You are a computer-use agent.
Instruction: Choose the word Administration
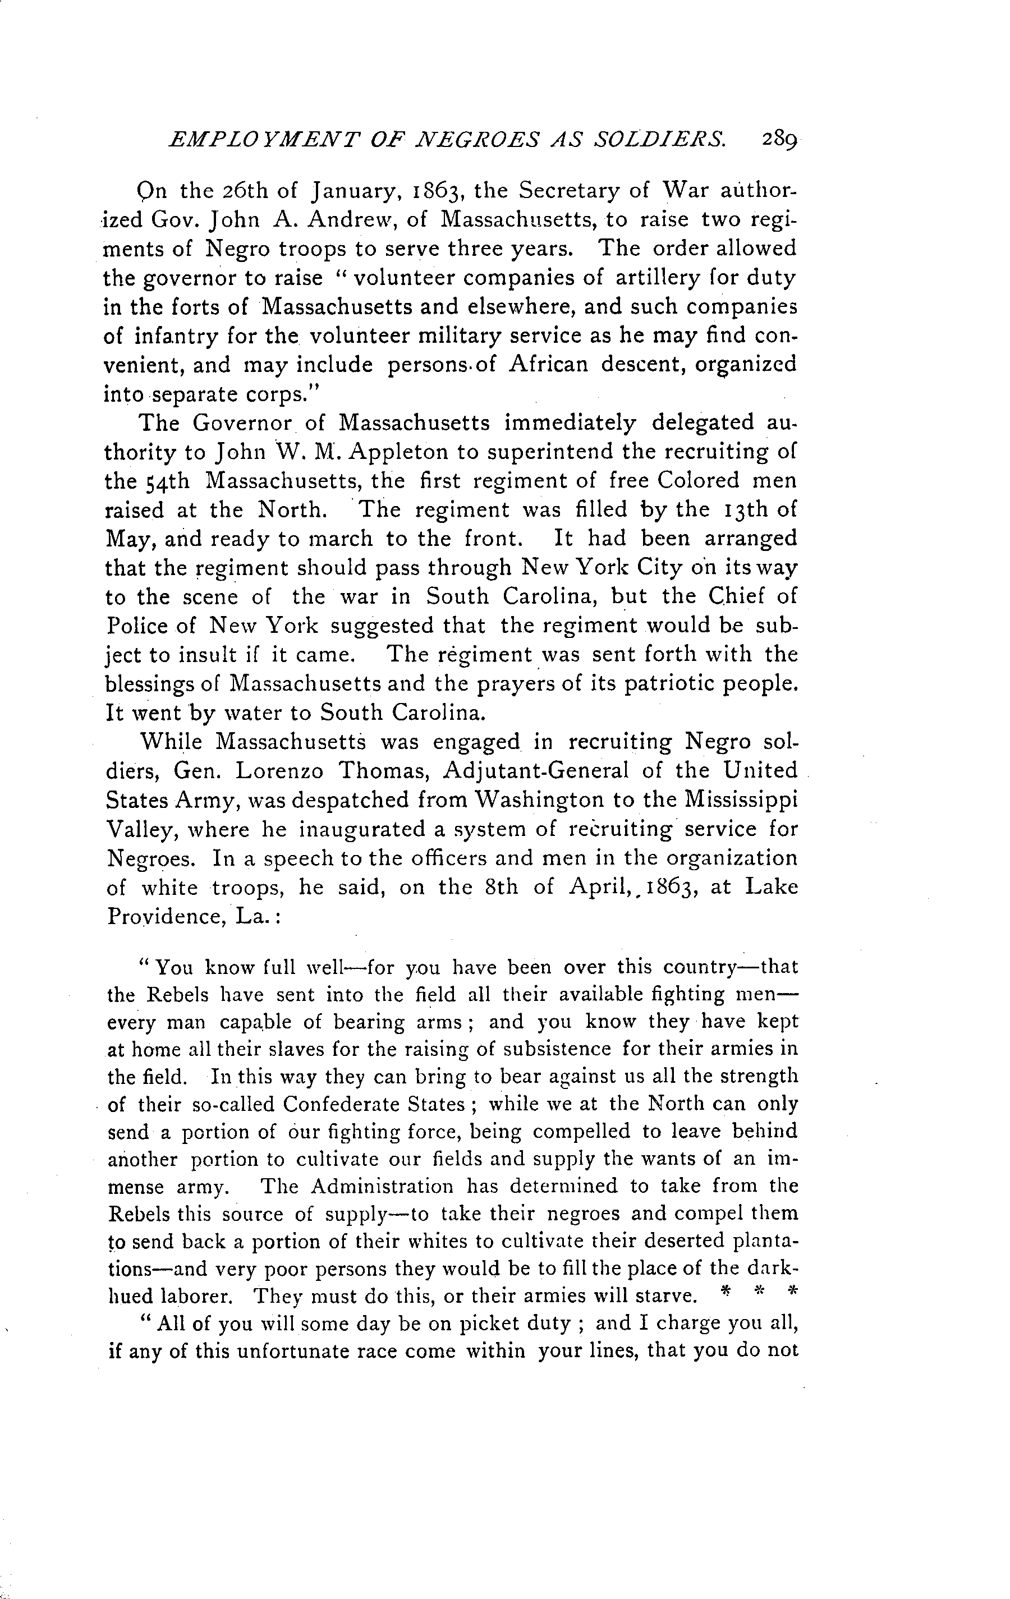point(382,1187)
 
